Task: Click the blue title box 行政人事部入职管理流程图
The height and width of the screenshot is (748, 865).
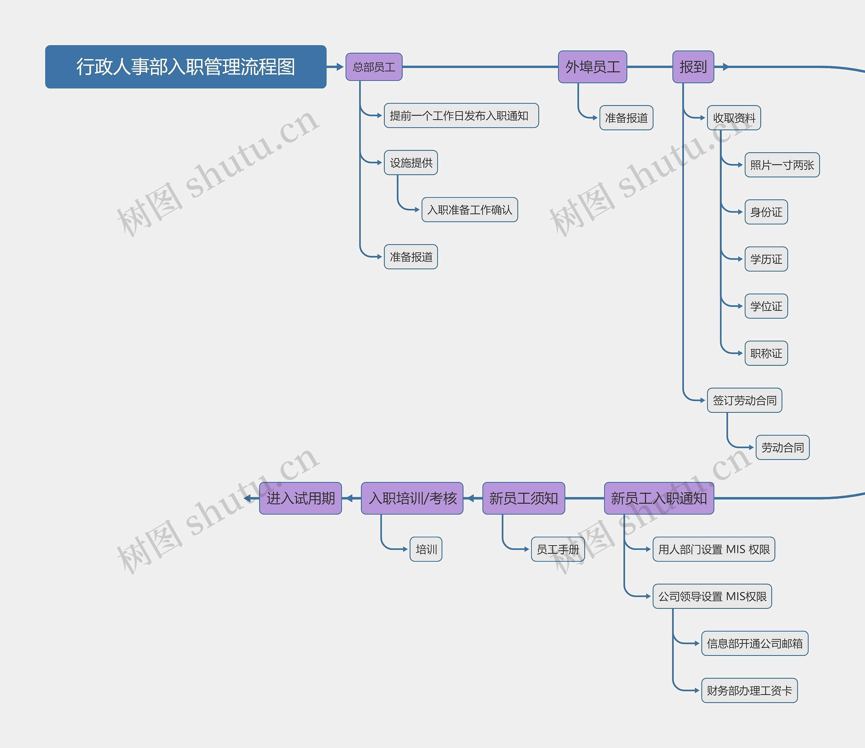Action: pos(186,67)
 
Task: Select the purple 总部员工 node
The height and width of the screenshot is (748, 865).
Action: pos(374,67)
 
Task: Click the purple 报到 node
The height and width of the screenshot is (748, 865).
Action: pos(693,67)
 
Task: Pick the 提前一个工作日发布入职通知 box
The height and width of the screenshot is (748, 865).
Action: pos(461,116)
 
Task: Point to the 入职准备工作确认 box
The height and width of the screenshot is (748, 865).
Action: pos(469,210)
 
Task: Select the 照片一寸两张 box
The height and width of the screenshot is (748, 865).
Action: pos(782,165)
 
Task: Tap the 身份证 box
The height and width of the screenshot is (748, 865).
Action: pos(766,212)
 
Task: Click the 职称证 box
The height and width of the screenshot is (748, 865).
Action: pos(766,353)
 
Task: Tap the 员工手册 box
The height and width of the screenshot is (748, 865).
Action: pos(558,549)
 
